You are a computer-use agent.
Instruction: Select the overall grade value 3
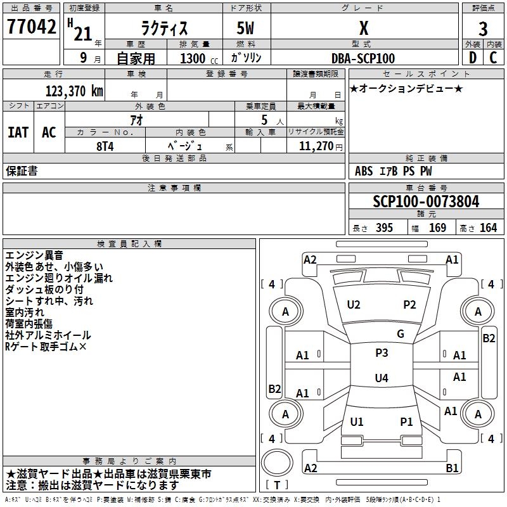coord(483,29)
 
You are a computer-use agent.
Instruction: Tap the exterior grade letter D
coord(472,58)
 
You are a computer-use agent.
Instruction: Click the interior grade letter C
coord(493,58)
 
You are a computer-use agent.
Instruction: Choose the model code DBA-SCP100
coord(363,58)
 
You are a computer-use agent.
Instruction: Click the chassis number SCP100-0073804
coord(426,202)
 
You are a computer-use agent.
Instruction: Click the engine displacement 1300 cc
coord(197,58)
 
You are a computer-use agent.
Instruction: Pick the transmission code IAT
coord(18,132)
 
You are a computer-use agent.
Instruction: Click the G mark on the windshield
coord(401,334)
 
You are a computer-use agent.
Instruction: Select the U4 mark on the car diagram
coord(381,378)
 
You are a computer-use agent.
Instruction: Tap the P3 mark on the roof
coord(382,353)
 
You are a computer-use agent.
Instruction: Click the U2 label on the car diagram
coord(354,305)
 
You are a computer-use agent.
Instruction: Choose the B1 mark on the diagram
coord(452,468)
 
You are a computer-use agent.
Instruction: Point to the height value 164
coord(488,228)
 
